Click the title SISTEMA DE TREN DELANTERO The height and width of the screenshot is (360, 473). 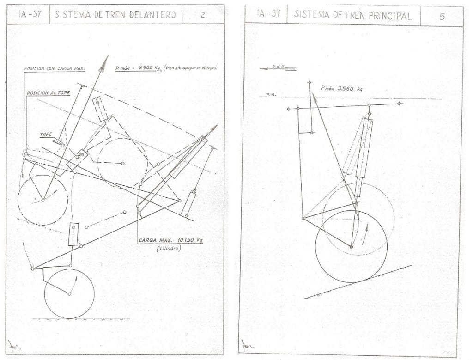point(115,14)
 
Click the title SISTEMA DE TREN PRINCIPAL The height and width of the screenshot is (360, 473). point(353,15)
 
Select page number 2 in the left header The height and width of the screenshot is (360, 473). point(203,14)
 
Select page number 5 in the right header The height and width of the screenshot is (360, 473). point(442,17)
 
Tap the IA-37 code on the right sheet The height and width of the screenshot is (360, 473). point(269,13)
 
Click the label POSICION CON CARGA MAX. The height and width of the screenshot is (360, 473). point(55,69)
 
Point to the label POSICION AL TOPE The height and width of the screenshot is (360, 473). point(48,93)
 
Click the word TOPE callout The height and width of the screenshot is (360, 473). point(46,134)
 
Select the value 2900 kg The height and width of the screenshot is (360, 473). point(146,69)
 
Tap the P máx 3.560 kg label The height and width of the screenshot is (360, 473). point(342,88)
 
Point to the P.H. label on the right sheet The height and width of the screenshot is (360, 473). point(270,95)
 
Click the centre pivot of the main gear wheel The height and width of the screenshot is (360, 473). point(351,247)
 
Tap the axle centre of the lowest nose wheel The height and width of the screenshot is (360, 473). point(69,294)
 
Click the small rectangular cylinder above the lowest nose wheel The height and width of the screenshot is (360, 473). point(73,234)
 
